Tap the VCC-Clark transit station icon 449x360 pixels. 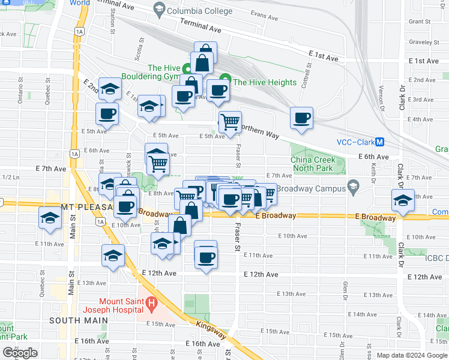[x=379, y=143]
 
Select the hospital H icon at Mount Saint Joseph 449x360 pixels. [x=151, y=305]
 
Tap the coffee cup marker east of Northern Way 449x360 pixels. [x=302, y=118]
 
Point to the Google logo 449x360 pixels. [x=20, y=353]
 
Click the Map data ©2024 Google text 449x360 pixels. [x=411, y=355]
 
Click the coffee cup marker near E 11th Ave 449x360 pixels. [x=206, y=257]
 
